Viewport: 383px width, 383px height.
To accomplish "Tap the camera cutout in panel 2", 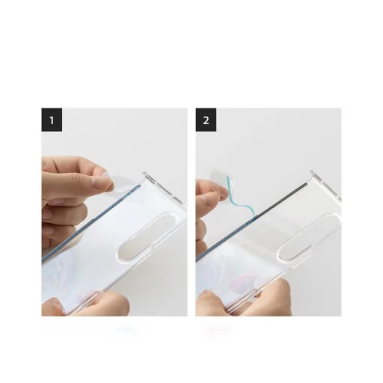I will pyautogui.click(x=305, y=239).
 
